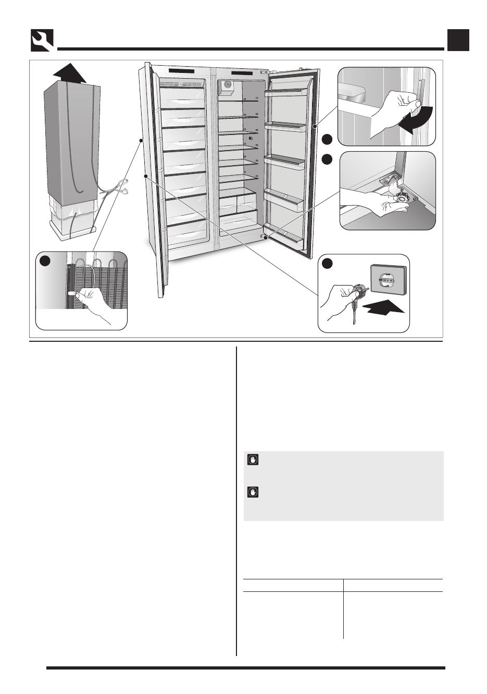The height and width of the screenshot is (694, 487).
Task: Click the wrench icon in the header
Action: pos(42,40)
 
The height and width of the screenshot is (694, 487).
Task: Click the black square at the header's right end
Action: pos(458,40)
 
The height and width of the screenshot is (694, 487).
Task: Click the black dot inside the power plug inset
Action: pos(327,264)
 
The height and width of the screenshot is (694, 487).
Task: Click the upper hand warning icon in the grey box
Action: pos(253,460)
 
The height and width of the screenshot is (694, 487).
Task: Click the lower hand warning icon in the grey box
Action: pos(253,492)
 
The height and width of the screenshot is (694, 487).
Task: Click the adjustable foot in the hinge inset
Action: pos(403,198)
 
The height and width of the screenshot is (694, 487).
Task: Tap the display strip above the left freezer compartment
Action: pos(181,71)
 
